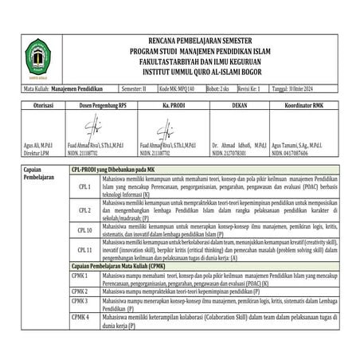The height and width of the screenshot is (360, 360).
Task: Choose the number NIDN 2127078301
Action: [232, 151]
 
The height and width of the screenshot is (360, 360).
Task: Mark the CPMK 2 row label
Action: [80, 292]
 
